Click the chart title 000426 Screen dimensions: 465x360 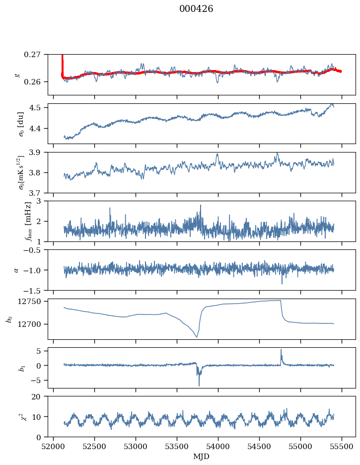click(196, 9)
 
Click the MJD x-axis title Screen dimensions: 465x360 click(202, 457)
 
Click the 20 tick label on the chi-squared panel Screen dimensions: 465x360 click(40, 397)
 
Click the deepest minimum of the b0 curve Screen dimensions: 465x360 click(197, 337)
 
